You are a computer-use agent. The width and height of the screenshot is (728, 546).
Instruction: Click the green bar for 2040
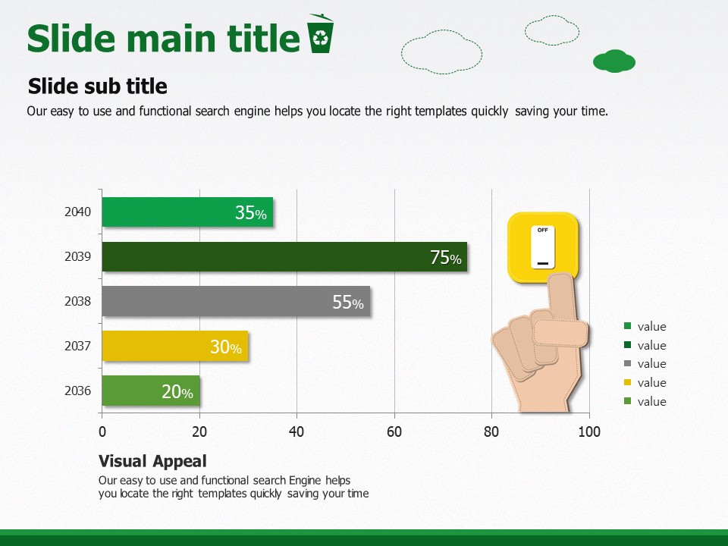[x=187, y=212]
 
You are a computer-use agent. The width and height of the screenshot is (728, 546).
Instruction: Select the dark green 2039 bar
[x=284, y=257]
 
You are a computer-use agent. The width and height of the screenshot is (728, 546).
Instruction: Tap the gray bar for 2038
[x=236, y=301]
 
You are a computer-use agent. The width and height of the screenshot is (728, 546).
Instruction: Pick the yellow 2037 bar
[x=175, y=346]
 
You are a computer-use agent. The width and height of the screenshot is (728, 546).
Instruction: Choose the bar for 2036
[x=151, y=391]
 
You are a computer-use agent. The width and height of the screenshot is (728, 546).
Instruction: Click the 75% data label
[x=446, y=258]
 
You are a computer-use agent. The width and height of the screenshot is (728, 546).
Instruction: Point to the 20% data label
[x=177, y=392]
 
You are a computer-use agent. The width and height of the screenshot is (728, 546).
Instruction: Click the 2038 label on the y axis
[x=77, y=301]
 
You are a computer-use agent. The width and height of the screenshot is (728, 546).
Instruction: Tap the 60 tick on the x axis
[x=394, y=431]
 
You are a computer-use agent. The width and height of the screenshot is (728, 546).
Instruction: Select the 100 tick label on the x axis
[x=589, y=431]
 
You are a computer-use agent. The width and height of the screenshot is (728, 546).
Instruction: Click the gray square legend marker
[x=628, y=363]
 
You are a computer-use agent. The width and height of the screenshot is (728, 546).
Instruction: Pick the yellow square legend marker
[x=628, y=382]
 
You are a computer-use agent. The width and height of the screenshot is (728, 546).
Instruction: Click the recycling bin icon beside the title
[x=320, y=33]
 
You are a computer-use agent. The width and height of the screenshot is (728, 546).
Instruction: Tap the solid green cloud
[x=613, y=61]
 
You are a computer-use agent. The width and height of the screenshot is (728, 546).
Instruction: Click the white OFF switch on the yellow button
[x=543, y=247]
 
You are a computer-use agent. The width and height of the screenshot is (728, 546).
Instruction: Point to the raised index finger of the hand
[x=562, y=297]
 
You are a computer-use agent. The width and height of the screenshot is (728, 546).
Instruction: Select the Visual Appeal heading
[x=152, y=461]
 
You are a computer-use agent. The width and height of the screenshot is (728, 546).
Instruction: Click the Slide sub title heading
[x=98, y=86]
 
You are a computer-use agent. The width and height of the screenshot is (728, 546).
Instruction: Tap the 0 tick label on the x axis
[x=102, y=431]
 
